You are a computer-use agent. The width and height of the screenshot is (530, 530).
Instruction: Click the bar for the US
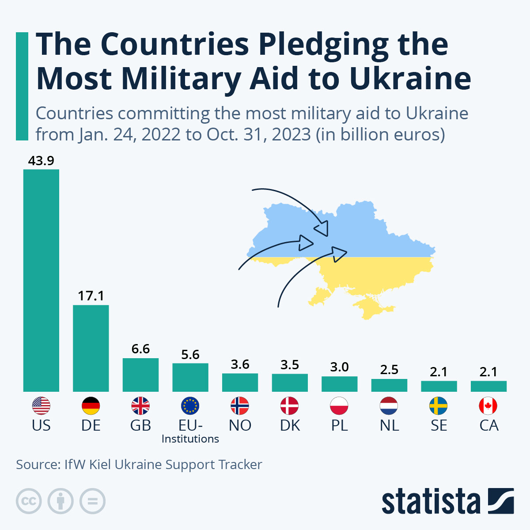pyautogui.click(x=41, y=280)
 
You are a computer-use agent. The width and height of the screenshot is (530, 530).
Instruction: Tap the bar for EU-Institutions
pyautogui.click(x=190, y=377)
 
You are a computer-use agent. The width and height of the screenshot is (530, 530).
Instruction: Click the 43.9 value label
pyautogui.click(x=41, y=161)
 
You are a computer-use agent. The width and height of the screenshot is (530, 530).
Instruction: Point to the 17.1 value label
pyautogui.click(x=91, y=296)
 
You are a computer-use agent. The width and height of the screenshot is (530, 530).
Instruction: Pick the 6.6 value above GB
pyautogui.click(x=140, y=349)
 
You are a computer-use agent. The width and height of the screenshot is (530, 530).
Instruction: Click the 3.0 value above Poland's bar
pyautogui.click(x=339, y=367)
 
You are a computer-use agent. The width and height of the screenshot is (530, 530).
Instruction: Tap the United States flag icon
pyautogui.click(x=41, y=405)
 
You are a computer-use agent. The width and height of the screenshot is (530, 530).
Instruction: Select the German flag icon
pyautogui.click(x=91, y=405)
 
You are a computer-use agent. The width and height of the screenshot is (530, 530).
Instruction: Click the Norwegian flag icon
pyautogui.click(x=240, y=405)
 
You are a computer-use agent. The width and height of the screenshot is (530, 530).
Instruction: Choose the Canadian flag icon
pyautogui.click(x=488, y=405)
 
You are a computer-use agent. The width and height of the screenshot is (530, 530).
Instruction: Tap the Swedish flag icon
pyautogui.click(x=439, y=405)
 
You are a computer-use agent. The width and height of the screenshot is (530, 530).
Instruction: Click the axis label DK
pyautogui.click(x=290, y=425)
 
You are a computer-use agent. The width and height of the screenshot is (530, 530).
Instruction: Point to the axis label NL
pyautogui.click(x=389, y=425)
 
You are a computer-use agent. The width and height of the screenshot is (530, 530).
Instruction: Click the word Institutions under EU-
pyautogui.click(x=190, y=439)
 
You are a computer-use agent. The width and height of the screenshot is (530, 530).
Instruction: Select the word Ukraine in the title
pyautogui.click(x=409, y=78)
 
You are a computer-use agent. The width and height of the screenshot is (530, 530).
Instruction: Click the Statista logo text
pyautogui.click(x=431, y=502)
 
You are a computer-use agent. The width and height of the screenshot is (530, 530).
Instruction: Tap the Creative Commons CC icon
pyautogui.click(x=29, y=501)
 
